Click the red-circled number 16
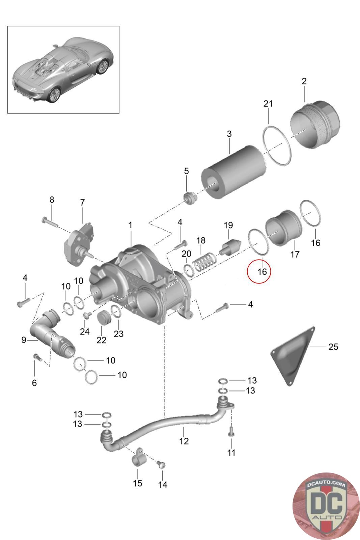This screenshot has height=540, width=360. point(262,272)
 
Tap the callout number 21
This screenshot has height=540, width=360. point(268,104)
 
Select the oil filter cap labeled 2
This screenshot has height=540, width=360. point(315,125)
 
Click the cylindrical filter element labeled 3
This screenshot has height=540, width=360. point(234,172)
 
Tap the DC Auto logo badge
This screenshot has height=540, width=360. point(326,506)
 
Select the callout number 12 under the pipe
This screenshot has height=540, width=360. point(184,441)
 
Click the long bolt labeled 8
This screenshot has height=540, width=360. point(50,222)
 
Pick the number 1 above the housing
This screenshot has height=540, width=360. point(130,225)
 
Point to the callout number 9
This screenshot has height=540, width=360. point(24,340)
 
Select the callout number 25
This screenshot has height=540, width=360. point(333,347)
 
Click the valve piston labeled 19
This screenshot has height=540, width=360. point(230,248)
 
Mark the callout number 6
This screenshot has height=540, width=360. point(34,383)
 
